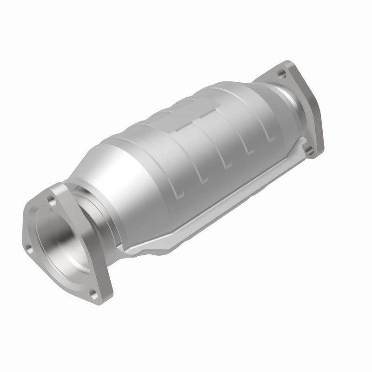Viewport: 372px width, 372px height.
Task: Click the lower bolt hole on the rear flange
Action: [309, 149]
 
